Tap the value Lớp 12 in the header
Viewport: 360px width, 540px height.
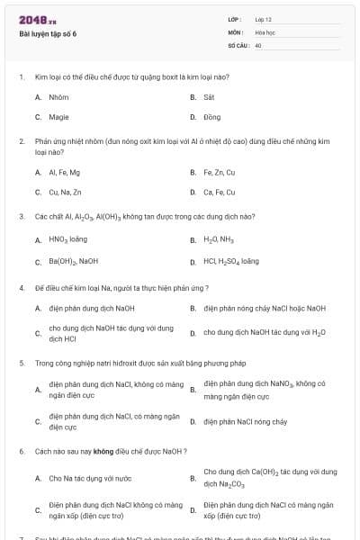(x=263, y=19)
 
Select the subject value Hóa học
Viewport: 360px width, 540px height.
(x=264, y=31)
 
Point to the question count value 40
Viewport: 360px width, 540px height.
(x=258, y=44)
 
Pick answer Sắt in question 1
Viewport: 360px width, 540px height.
(x=209, y=96)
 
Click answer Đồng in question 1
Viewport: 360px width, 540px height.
(x=211, y=117)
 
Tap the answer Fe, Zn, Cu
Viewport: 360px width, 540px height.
(x=219, y=172)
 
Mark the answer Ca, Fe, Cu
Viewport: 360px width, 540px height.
(x=219, y=192)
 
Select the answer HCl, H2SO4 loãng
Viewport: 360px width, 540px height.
(x=231, y=261)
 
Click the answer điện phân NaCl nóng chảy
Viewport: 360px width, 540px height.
(x=245, y=420)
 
